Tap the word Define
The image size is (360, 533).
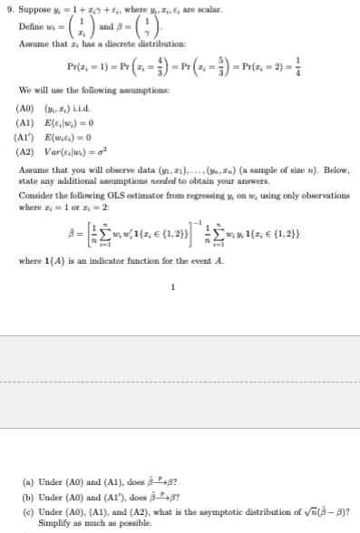click(31, 29)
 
